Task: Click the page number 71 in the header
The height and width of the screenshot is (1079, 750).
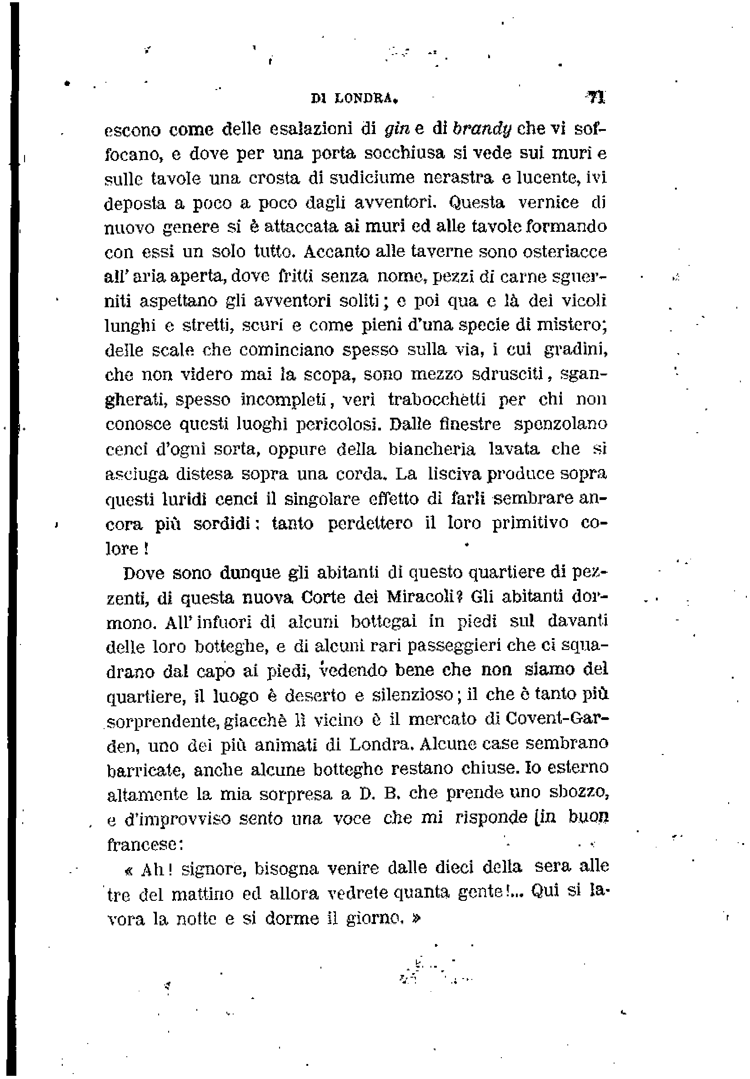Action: pyautogui.click(x=596, y=97)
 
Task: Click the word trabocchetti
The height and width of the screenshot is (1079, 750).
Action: pyautogui.click(x=437, y=399)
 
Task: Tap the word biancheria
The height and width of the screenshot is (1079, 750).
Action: pyautogui.click(x=431, y=449)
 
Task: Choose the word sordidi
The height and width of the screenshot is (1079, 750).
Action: pyautogui.click(x=224, y=523)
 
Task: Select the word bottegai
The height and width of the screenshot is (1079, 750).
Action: pyautogui.click(x=384, y=621)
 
